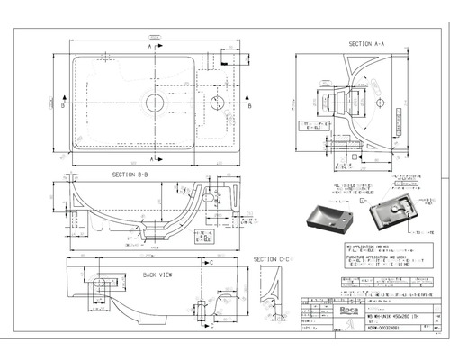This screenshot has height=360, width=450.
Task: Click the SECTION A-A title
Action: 366,43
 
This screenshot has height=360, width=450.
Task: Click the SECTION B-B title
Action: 130,175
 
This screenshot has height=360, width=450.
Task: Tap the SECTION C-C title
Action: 271,259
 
